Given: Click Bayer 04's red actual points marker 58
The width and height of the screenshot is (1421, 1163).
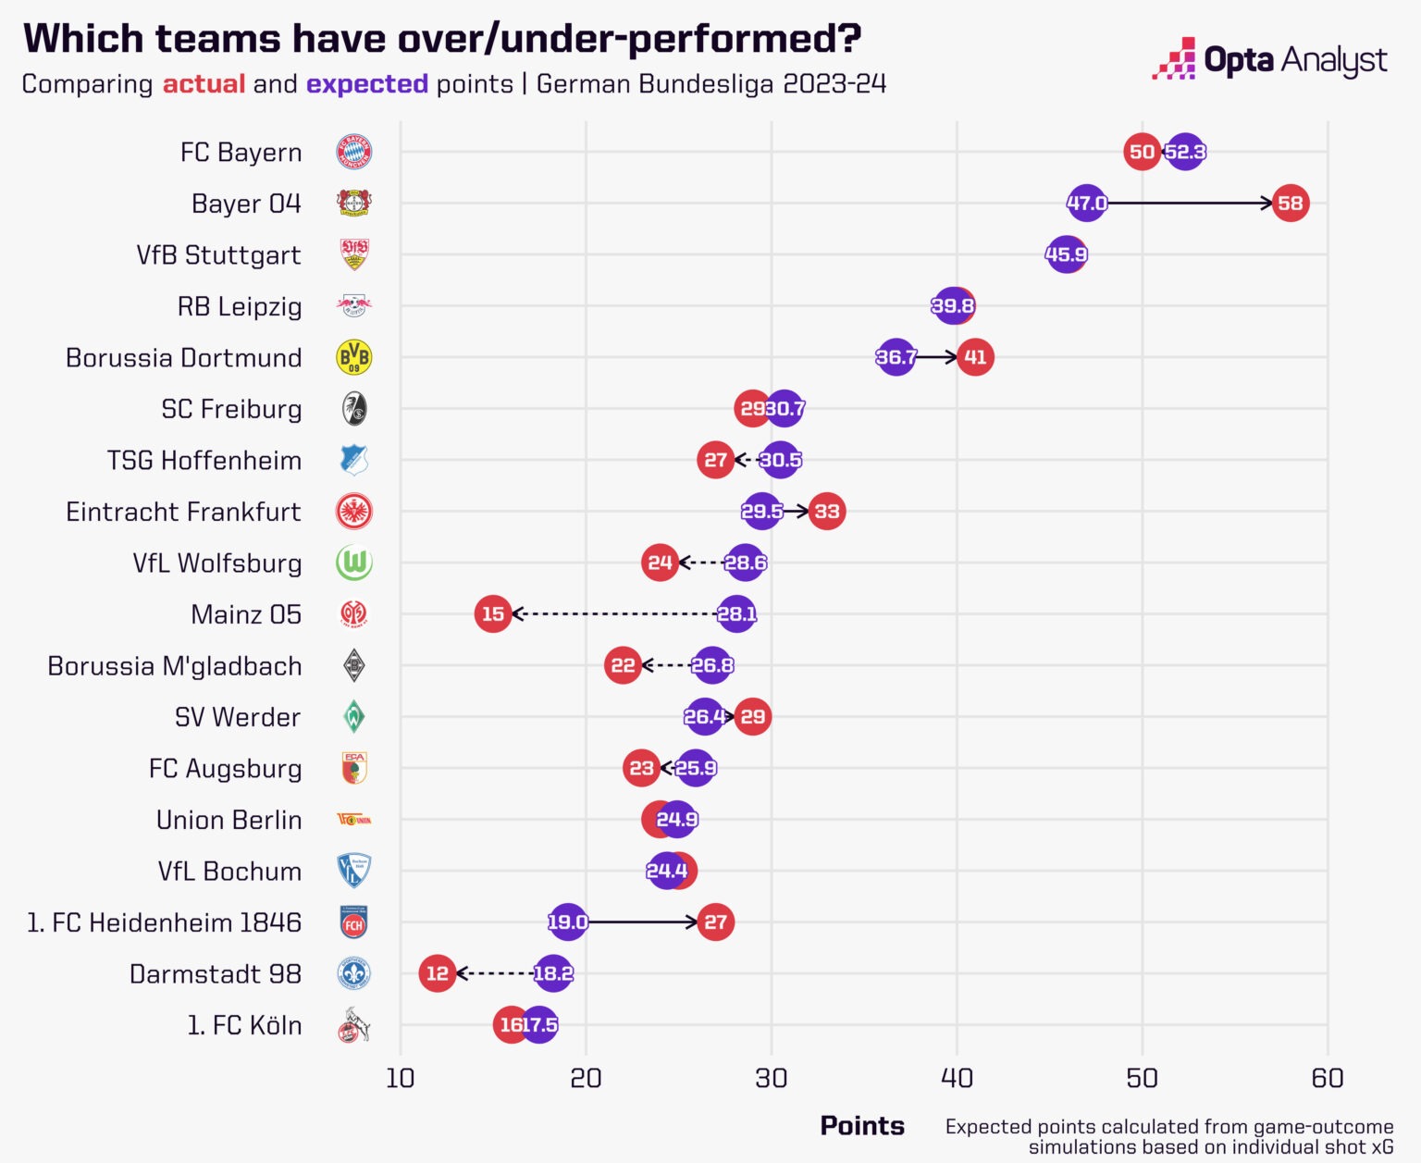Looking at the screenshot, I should point(1290,203).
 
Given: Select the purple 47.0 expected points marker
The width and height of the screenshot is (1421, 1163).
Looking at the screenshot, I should point(1086,203).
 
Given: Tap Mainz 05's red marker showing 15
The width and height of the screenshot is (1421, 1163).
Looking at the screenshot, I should point(493,613).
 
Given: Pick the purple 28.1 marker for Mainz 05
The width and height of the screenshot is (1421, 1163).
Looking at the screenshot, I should point(736,613).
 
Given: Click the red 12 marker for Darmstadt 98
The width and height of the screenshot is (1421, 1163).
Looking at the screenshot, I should point(438,973).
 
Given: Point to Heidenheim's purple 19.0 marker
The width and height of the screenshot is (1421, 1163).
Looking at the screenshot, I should point(567,922).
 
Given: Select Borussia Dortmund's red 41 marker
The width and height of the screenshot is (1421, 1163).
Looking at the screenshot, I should point(975,357).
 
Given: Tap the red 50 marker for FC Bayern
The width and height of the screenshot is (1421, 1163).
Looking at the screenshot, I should point(1142,152).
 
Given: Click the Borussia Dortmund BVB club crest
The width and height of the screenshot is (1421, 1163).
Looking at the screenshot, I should point(353,357).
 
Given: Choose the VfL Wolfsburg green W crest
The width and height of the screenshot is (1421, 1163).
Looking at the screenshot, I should point(353,563).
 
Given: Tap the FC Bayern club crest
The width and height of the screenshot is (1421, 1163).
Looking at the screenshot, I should point(353,151).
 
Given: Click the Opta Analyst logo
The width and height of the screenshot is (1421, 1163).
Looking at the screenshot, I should point(1269,59).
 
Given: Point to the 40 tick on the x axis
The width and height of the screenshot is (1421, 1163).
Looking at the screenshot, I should point(957,1078).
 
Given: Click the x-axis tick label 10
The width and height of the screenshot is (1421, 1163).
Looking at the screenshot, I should point(400,1078).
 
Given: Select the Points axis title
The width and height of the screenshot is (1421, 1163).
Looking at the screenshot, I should point(862,1125).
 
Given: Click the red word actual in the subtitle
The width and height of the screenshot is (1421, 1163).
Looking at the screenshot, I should point(204,84).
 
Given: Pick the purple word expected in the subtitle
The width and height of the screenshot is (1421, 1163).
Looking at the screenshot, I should point(366,84).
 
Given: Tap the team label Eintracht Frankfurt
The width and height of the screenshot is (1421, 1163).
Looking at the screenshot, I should point(183,512).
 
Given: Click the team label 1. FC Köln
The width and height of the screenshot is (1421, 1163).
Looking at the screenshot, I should point(244,1025).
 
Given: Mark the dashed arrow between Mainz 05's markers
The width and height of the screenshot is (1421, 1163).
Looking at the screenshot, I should point(614,613).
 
